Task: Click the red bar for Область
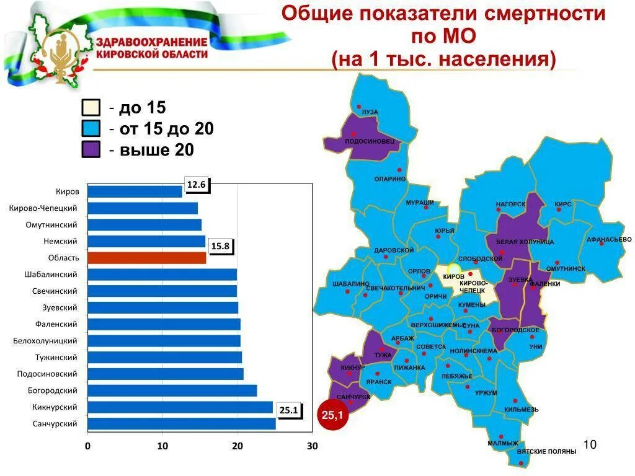(147, 258)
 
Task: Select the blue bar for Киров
(135, 192)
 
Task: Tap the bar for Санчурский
(182, 424)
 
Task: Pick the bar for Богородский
(172, 390)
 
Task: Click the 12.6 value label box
(196, 185)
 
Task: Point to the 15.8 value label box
(220, 246)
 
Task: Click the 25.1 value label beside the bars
(289, 410)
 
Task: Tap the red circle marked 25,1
(333, 416)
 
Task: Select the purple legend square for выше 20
(91, 149)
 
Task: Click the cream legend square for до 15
(91, 108)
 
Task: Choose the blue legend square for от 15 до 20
(91, 128)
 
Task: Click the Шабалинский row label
(55, 275)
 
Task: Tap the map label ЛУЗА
(370, 112)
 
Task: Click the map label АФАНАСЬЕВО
(609, 239)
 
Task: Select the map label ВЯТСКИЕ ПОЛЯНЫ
(546, 452)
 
